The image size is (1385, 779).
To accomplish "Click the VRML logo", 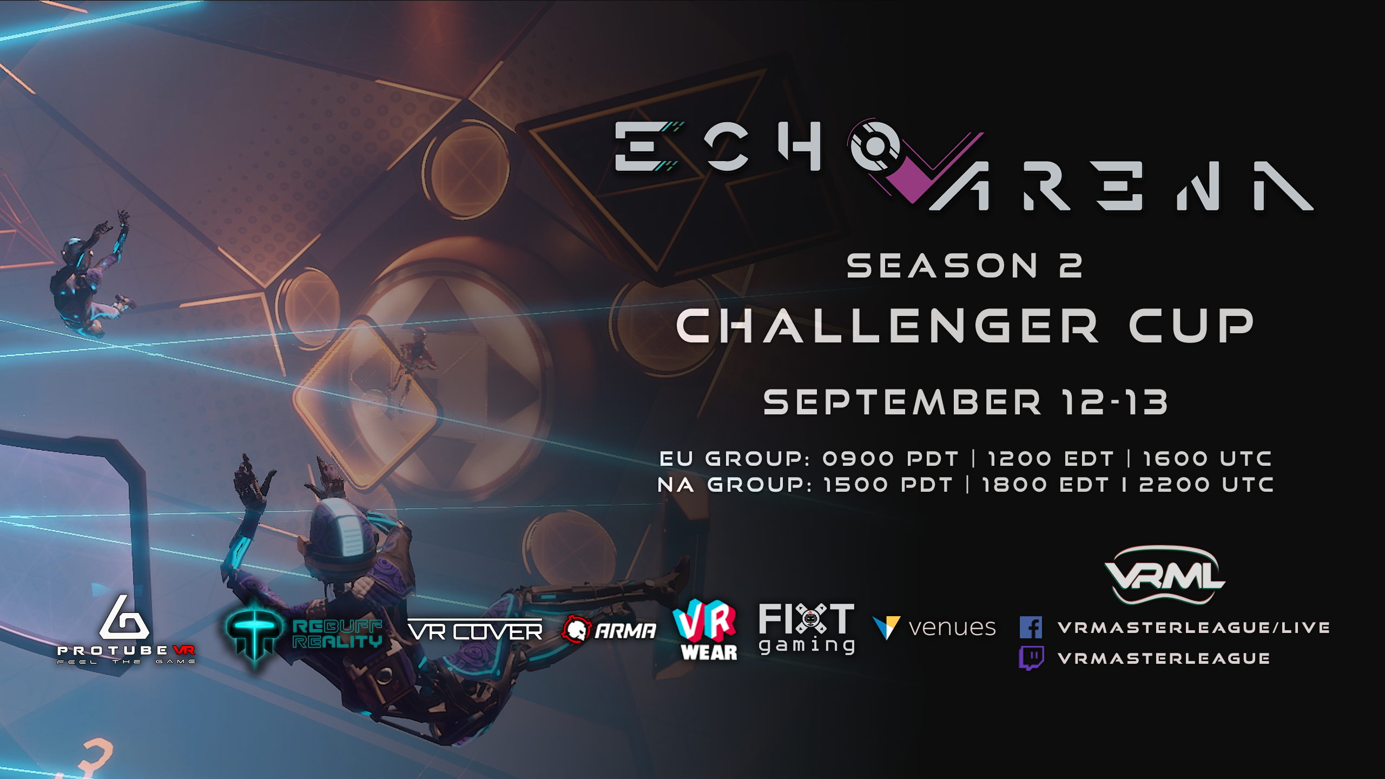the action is [1165, 575].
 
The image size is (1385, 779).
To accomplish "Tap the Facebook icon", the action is [1031, 628].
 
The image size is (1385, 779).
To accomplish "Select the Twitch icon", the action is [1031, 658].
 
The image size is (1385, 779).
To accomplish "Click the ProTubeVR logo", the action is [126, 630].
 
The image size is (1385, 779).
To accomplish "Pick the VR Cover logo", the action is [475, 631].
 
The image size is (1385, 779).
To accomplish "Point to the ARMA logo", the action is [609, 630].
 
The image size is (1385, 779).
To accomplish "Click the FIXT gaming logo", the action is [807, 629].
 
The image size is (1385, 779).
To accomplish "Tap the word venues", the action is [952, 628].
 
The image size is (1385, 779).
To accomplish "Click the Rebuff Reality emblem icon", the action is [254, 633].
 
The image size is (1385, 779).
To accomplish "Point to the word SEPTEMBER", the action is [902, 402].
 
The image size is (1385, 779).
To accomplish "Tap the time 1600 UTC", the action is [1207, 459].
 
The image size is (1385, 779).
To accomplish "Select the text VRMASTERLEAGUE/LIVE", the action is [1194, 628].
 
